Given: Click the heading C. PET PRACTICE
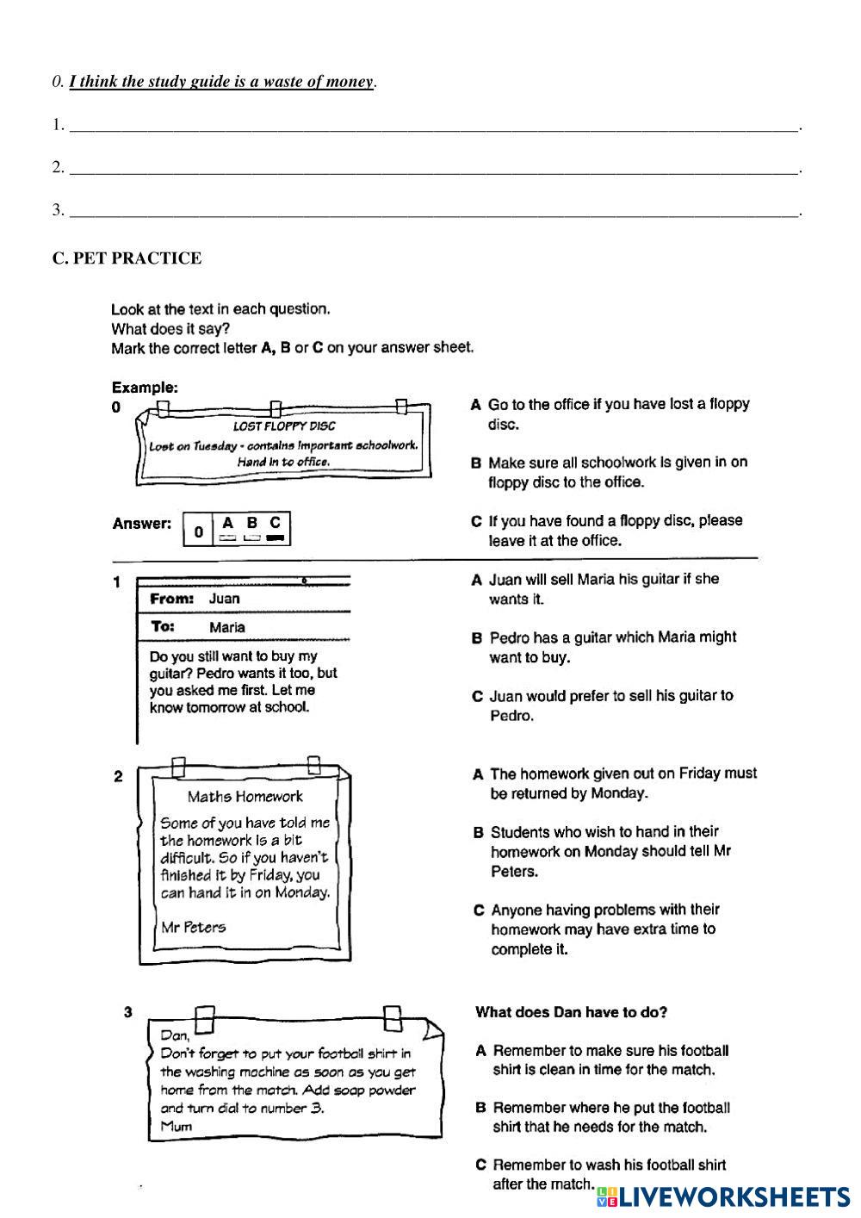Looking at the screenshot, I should (x=127, y=258).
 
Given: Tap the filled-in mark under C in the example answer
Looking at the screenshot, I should (x=275, y=538).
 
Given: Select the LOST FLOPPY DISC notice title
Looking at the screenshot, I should (x=284, y=426).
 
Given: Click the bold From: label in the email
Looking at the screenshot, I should (x=172, y=599).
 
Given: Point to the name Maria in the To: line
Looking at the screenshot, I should (x=226, y=628).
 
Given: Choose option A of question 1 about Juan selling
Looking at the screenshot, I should (x=603, y=589).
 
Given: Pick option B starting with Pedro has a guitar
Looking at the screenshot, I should (x=611, y=648).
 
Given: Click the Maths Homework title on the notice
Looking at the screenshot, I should (x=245, y=797).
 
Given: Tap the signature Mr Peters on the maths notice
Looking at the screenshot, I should (x=194, y=928).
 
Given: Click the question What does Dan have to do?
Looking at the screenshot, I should (x=571, y=1013).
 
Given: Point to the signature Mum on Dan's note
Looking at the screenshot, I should (x=176, y=1127).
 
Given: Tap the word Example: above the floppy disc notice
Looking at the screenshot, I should (x=145, y=388).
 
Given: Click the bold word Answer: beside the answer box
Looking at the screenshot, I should (x=142, y=524).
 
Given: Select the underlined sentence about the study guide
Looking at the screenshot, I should (x=221, y=83).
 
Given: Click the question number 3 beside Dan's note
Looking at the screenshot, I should (x=128, y=1013).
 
